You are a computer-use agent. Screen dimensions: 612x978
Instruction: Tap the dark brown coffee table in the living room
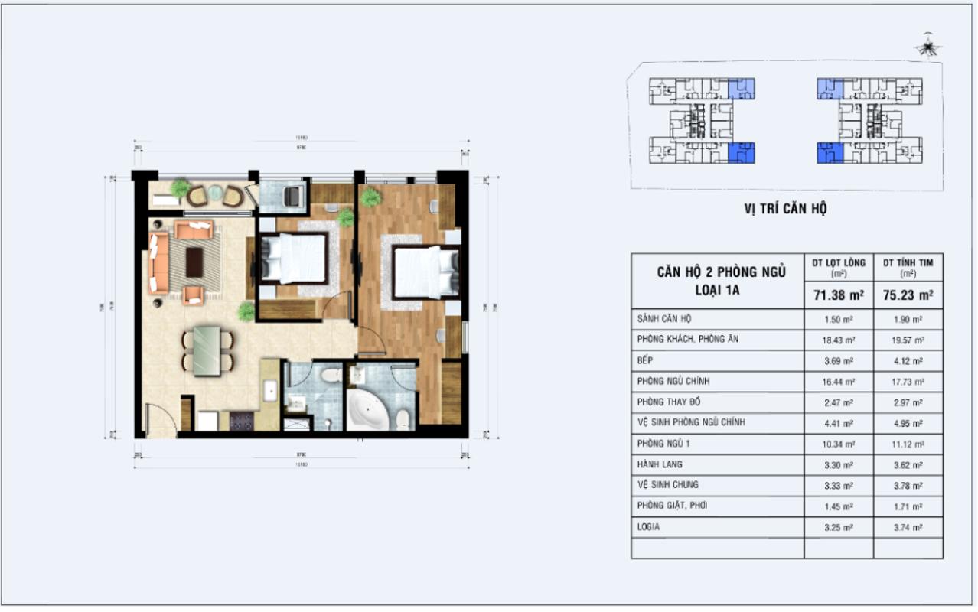tap(195, 262)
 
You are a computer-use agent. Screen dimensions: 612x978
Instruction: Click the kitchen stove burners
tap(242, 421)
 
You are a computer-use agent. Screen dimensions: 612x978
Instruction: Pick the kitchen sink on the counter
tap(269, 390)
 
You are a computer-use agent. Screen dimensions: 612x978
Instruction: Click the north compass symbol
tap(928, 47)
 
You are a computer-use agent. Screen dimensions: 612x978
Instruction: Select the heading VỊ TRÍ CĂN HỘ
tap(785, 209)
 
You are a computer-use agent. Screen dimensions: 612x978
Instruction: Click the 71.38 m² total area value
tap(839, 293)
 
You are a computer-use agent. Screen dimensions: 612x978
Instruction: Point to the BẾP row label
tap(644, 360)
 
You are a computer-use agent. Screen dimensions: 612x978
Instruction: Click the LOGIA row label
tap(648, 527)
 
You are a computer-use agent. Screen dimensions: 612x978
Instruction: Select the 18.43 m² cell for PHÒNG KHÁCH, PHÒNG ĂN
tap(839, 339)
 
